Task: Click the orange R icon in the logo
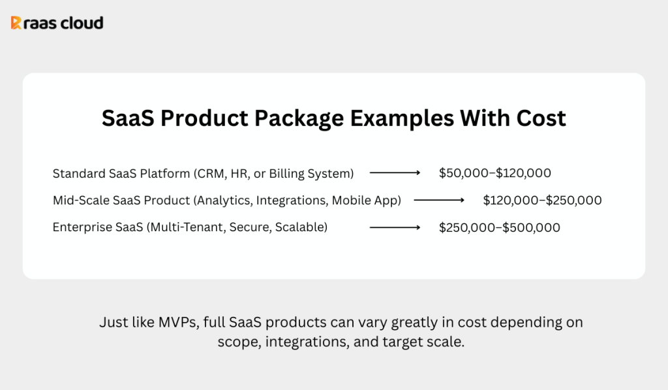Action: click(16, 23)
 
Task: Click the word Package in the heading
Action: click(299, 119)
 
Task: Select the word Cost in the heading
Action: click(541, 118)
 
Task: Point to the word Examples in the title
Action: click(402, 119)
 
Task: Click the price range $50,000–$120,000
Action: click(495, 173)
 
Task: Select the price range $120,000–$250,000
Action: click(542, 201)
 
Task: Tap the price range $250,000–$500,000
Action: click(500, 228)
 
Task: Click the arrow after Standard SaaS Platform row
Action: click(395, 173)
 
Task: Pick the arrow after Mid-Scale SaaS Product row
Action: click(439, 200)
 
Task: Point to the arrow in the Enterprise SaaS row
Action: click(395, 227)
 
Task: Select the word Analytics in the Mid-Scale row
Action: click(223, 201)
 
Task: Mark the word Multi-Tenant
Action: click(186, 227)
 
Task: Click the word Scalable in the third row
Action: click(301, 227)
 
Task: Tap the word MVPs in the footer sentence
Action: click(179, 323)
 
